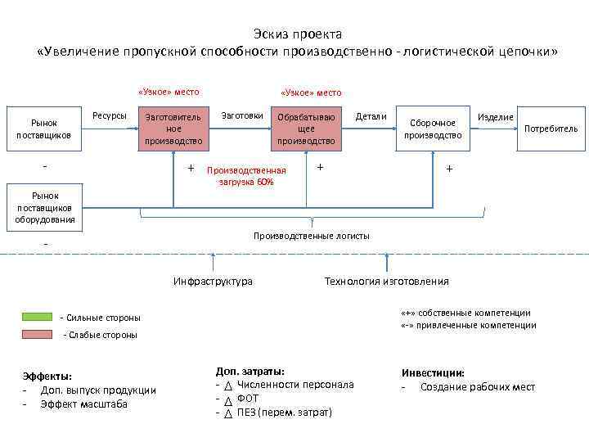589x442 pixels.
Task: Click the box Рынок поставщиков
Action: (43, 129)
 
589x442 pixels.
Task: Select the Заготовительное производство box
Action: (173, 129)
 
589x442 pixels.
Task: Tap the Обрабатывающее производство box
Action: (306, 129)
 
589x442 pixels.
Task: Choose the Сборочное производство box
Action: (434, 129)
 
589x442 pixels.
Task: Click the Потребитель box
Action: (551, 129)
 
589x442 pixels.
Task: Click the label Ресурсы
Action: (110, 116)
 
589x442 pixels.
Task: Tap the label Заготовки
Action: (242, 116)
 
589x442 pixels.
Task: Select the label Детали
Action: (371, 116)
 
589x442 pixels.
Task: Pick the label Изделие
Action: (496, 117)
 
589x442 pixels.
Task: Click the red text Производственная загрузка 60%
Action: (246, 176)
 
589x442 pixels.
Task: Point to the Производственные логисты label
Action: (311, 236)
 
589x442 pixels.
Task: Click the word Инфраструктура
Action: (213, 282)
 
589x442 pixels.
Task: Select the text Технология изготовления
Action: (386, 282)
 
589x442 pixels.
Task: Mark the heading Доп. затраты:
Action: (250, 370)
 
